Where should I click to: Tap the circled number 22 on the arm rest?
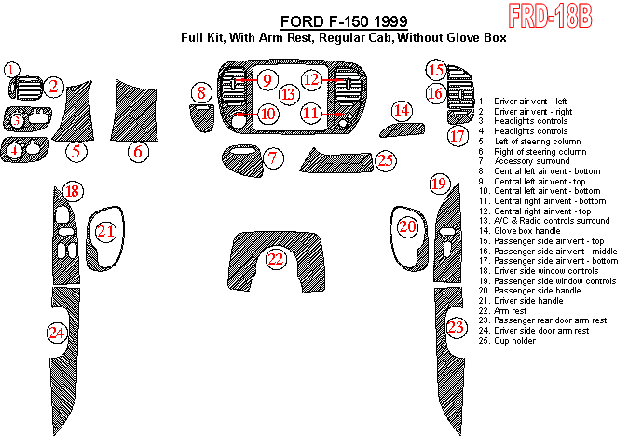coord(275,259)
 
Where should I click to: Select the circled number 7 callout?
coord(272,158)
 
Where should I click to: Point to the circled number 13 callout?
coord(289,94)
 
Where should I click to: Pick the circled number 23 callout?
coord(456,327)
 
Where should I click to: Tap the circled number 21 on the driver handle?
coord(107,230)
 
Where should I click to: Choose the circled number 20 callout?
coord(408,226)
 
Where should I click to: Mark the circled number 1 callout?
coord(10,69)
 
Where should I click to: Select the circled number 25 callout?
coord(386,160)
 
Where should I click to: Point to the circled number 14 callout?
coord(402,111)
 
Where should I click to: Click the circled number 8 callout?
coord(200,92)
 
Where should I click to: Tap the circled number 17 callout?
coord(457,137)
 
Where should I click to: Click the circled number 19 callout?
coord(439,184)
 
